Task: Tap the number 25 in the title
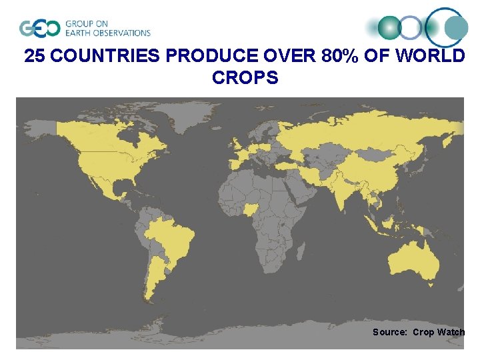pyautogui.click(x=35, y=56)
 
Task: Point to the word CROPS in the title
pyautogui.click(x=245, y=78)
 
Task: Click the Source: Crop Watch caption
pyautogui.click(x=418, y=332)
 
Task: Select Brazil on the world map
pyautogui.click(x=169, y=237)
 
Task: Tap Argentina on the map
pyautogui.click(x=157, y=280)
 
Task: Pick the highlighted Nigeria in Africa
pyautogui.click(x=251, y=209)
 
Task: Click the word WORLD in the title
pyautogui.click(x=431, y=56)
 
